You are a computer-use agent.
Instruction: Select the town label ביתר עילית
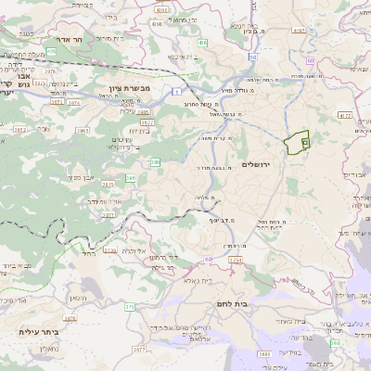(38, 331)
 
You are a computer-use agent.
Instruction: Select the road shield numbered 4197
(298, 32)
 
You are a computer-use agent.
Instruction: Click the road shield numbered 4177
(345, 116)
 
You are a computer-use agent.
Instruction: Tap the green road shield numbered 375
(129, 305)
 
